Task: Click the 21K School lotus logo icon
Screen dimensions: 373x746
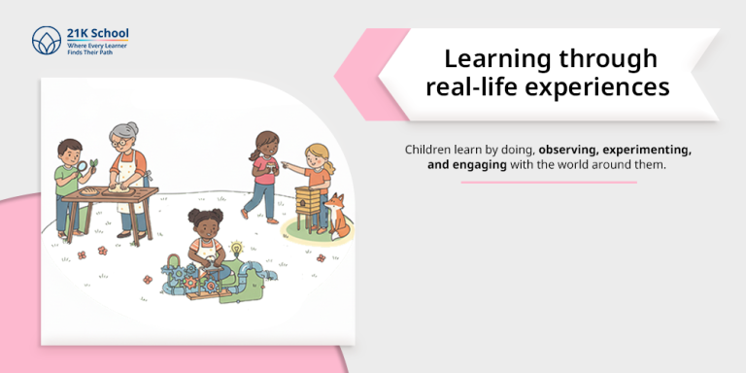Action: [x=46, y=40]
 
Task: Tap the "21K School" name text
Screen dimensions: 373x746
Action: [x=93, y=33]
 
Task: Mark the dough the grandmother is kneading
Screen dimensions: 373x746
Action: [x=122, y=187]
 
